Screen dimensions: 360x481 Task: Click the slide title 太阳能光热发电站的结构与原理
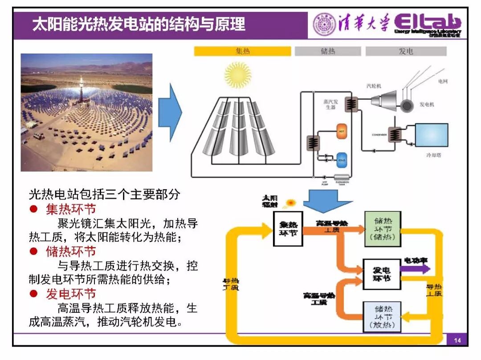139,24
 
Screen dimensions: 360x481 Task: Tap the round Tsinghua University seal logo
324,24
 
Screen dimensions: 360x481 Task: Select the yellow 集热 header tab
243,51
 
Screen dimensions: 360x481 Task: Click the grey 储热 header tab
328,51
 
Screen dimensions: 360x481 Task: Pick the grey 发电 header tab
406,51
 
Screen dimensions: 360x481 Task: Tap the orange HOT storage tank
342,131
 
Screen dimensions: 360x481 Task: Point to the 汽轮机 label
373,85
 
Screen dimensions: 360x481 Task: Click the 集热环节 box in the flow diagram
288,229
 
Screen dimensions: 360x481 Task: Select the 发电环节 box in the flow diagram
381,274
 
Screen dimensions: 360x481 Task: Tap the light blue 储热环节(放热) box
382,316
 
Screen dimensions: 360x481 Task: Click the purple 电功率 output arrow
415,268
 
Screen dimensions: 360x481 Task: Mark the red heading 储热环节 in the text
71,251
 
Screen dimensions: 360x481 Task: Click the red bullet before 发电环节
33,294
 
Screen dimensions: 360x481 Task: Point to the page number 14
457,341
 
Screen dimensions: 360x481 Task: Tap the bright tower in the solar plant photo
81,85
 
